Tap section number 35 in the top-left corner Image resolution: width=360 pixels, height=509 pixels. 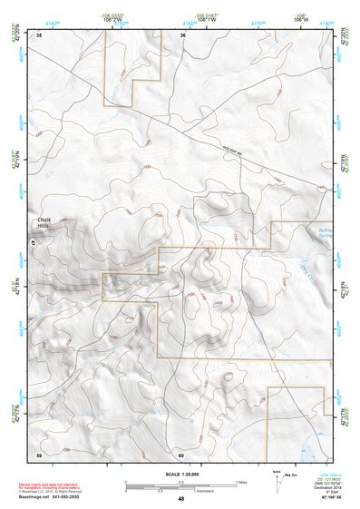coord(40,35)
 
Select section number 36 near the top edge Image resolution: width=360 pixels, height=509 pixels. coord(183,35)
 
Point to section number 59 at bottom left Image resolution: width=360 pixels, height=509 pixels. coord(40,454)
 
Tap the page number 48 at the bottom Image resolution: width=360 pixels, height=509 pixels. coord(180,499)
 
